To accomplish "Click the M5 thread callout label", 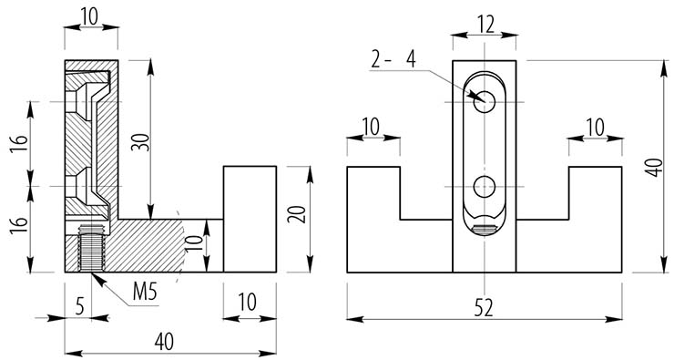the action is click(145, 292).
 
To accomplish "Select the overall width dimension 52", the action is click(484, 308).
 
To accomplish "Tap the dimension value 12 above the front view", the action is click(485, 26).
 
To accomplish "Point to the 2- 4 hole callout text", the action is click(393, 59).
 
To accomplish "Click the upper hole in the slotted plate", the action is click(485, 102).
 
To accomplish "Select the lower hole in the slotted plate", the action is click(485, 187).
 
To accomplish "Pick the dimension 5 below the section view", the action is click(80, 307).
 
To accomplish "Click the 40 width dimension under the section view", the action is click(164, 342).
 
